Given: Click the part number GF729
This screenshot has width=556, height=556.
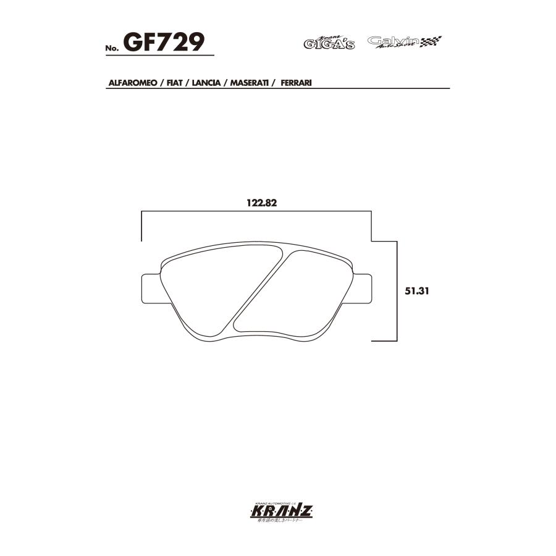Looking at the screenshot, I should click(x=164, y=42).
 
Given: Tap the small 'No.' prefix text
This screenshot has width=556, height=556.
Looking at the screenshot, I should click(x=114, y=48).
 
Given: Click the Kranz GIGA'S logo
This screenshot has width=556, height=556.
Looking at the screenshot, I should click(x=329, y=42).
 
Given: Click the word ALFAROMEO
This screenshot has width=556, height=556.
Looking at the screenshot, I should click(x=132, y=82).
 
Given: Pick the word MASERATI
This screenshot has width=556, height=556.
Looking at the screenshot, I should click(x=248, y=82).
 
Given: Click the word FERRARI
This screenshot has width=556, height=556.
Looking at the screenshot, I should click(x=295, y=82).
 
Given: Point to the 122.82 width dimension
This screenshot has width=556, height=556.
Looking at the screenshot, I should click(x=260, y=201).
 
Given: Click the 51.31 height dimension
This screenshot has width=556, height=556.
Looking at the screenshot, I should click(x=417, y=290).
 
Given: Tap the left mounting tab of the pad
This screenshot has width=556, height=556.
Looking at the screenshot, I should click(x=149, y=288).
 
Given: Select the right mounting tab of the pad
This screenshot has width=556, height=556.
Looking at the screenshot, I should click(x=364, y=288).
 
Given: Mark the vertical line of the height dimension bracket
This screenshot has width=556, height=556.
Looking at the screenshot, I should click(x=395, y=290).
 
